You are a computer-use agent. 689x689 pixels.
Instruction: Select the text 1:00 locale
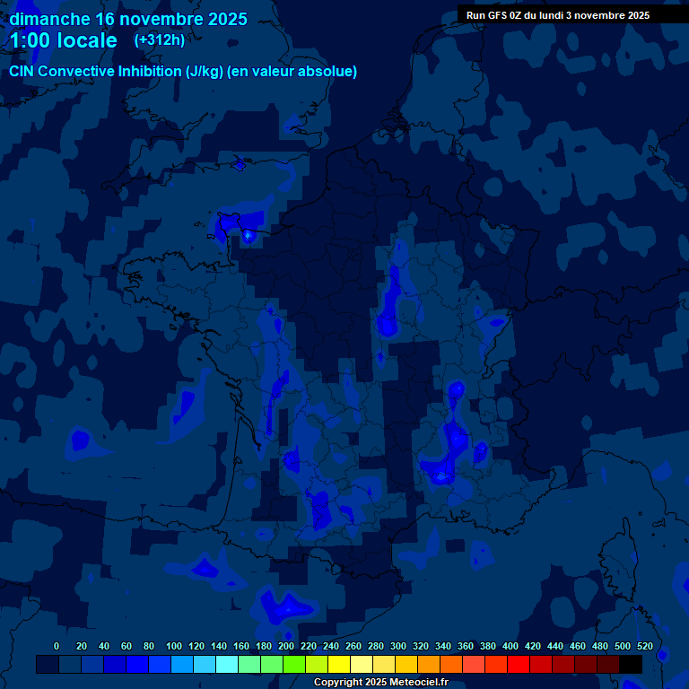tap(63, 40)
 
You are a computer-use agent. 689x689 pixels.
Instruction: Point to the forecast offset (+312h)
tap(159, 40)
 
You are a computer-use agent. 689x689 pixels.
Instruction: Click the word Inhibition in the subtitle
tap(149, 71)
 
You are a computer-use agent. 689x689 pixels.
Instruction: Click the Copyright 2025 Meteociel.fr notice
tap(380, 683)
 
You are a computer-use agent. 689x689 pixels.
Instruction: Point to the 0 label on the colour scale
tap(57, 646)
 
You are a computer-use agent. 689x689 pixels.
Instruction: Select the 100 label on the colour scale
tap(174, 646)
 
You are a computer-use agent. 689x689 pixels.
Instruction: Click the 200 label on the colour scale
tap(286, 646)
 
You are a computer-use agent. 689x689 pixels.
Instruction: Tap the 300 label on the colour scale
tap(398, 646)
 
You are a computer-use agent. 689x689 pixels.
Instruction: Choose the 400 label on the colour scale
tap(510, 646)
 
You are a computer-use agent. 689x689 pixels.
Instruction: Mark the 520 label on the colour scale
tap(644, 646)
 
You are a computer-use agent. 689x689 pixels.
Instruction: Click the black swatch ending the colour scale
tap(630, 664)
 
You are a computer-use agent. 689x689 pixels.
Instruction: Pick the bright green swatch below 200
tap(293, 664)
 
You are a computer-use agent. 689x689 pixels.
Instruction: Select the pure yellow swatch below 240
tap(338, 664)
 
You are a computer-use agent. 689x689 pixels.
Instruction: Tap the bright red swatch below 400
tap(518, 664)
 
